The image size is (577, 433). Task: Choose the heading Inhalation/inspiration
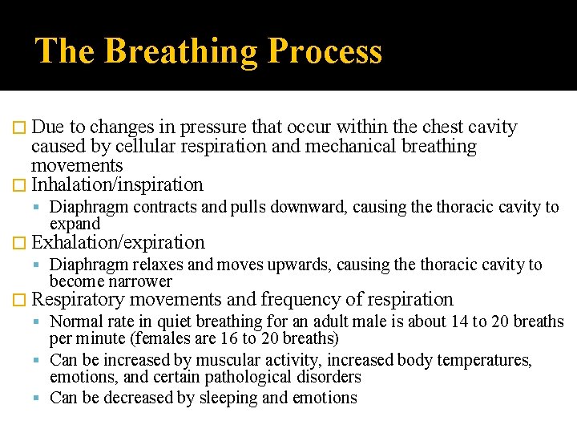point(117,184)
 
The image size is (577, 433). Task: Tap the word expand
point(75,224)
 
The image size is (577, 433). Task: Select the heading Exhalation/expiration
point(118,242)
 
